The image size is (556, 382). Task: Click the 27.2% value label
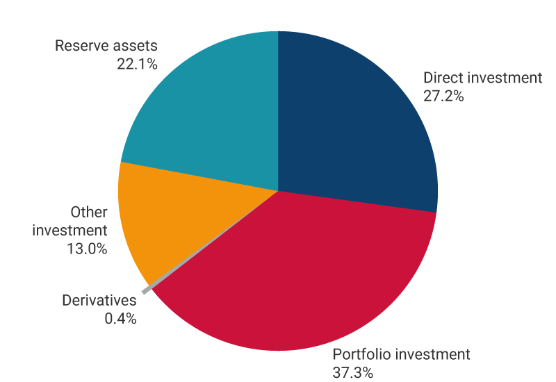(x=443, y=96)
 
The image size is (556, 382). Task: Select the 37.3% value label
(x=353, y=372)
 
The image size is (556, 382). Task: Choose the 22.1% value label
(x=138, y=65)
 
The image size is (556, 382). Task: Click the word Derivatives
(x=99, y=301)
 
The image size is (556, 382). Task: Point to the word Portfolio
(x=359, y=354)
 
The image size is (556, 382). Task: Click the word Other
(x=89, y=212)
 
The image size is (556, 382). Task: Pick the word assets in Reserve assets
(x=136, y=47)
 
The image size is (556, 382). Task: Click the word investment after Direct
(x=503, y=78)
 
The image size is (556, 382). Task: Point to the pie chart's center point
(x=278, y=190)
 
